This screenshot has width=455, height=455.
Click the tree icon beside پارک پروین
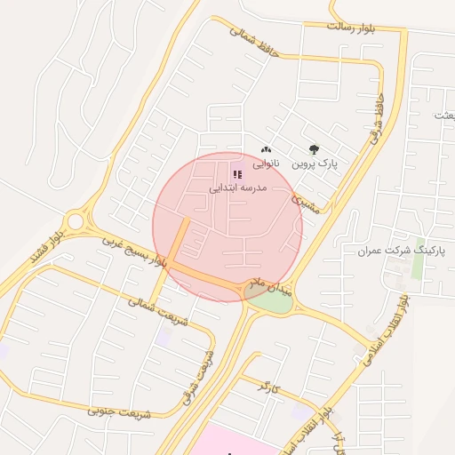click(313, 150)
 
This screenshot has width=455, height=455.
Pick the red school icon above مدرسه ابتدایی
click(236, 174)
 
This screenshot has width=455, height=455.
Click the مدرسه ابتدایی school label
click(236, 188)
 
